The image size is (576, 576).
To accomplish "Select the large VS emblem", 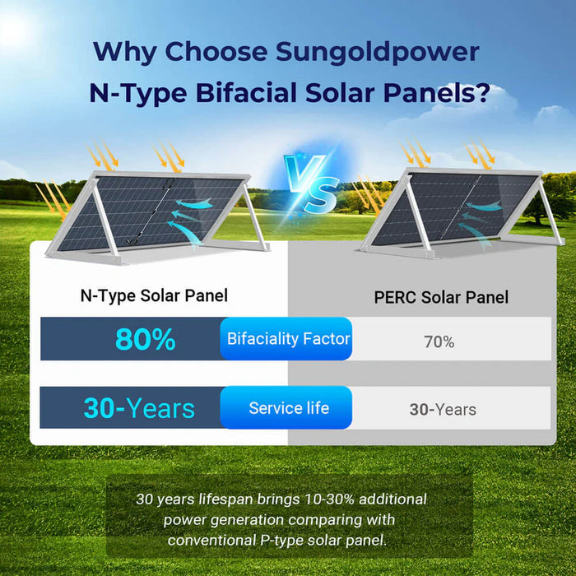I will click(x=310, y=184).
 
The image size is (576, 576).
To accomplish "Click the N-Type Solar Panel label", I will click(x=154, y=295).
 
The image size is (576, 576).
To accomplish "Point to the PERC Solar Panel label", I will click(x=441, y=297).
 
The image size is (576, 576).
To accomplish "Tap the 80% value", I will click(x=146, y=339).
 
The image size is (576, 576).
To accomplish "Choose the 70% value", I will click(x=439, y=341).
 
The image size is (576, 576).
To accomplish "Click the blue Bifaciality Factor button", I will click(x=288, y=338).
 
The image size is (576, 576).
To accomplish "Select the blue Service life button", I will click(x=288, y=408).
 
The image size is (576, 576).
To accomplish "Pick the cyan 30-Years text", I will click(x=139, y=408).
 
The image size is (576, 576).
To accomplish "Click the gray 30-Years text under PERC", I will click(x=443, y=409).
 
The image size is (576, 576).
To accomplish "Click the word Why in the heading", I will click(x=124, y=51).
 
